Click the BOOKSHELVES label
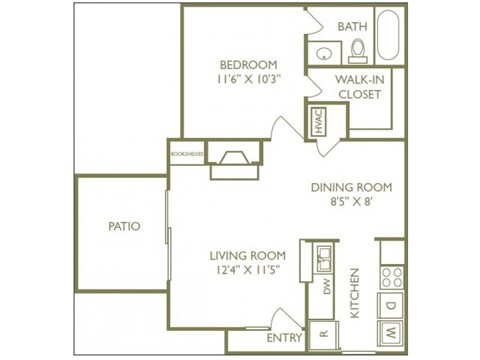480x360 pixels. pyautogui.click(x=187, y=155)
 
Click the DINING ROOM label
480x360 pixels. pyautogui.click(x=350, y=187)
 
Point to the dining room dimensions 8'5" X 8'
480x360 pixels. pyautogui.click(x=350, y=203)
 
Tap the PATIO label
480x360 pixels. pyautogui.click(x=124, y=226)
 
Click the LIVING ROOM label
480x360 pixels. pyautogui.click(x=248, y=254)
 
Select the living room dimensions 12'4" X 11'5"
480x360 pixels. pyautogui.click(x=248, y=270)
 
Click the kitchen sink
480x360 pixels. pyautogui.click(x=323, y=260)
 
